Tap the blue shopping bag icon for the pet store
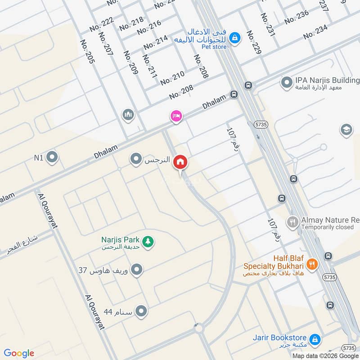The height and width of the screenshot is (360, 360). pyautogui.click(x=234, y=39)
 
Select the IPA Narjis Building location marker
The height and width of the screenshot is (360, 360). pyautogui.click(x=286, y=83)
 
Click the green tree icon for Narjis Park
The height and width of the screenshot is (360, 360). pyautogui.click(x=148, y=242)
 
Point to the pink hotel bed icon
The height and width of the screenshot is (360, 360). pyautogui.click(x=176, y=117)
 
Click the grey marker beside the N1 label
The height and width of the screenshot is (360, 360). pyautogui.click(x=52, y=157)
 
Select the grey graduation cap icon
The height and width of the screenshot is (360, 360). pyautogui.click(x=346, y=130)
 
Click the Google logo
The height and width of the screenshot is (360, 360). pyautogui.click(x=19, y=353)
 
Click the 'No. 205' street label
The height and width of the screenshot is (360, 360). pyautogui.click(x=88, y=51)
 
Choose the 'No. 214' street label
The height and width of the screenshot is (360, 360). pyautogui.click(x=155, y=42)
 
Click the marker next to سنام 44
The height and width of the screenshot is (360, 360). pyautogui.click(x=141, y=311)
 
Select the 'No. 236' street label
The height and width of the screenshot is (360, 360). pyautogui.click(x=297, y=17)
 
